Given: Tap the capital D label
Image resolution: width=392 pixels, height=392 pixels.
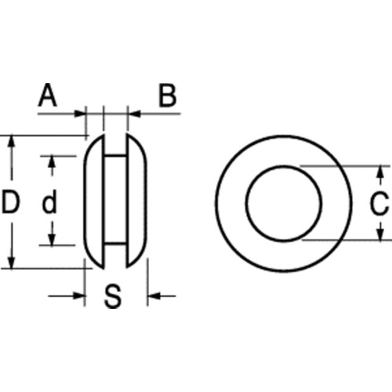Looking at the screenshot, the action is tap(10, 204).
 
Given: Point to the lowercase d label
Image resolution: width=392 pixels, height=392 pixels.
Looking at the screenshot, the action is tap(49, 204).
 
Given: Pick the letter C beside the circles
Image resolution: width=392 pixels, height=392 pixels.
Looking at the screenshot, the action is tap(378, 204).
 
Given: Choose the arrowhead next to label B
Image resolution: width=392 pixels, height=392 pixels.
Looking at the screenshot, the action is tap(132, 114).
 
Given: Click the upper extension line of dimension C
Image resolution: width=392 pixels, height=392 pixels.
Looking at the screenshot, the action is tap(345, 165).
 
